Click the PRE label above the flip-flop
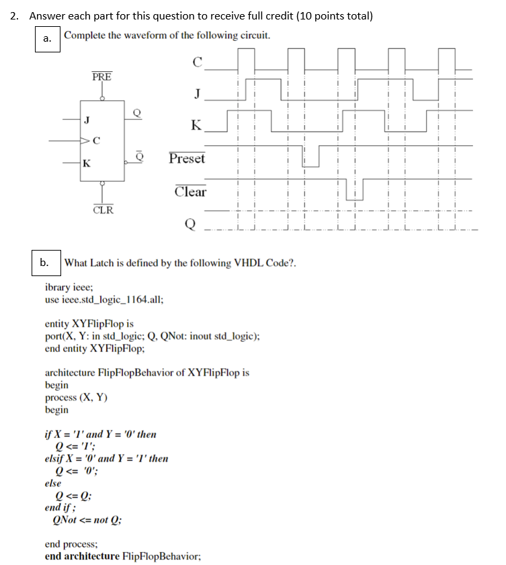tap(102, 76)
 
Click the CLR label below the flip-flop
tap(103, 210)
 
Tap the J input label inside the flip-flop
tap(87, 120)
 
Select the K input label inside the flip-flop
tap(87, 163)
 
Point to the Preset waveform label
tap(187, 159)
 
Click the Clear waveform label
tap(190, 191)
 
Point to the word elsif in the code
tap(55, 459)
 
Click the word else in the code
tap(52, 483)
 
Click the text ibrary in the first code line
tap(60, 287)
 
